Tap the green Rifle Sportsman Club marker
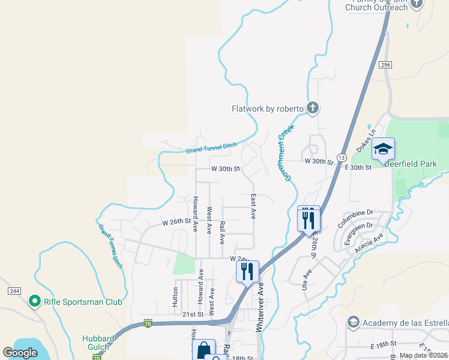point(35,301)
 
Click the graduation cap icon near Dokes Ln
point(383,149)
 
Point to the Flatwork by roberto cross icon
point(312,109)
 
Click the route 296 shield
point(385,64)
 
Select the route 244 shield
point(15,291)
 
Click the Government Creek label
point(286,153)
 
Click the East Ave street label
point(253,206)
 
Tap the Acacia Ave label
point(370,242)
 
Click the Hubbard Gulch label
point(98,342)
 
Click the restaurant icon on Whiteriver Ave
point(247,272)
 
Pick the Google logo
point(20,353)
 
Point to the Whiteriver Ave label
point(261,307)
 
